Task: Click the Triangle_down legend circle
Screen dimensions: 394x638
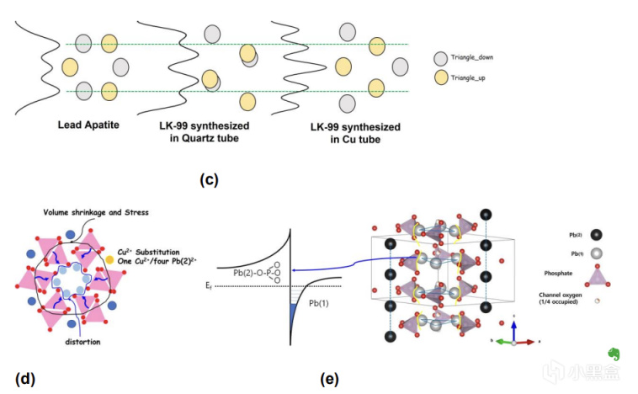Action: tap(441, 58)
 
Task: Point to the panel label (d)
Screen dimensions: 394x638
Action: tap(24, 378)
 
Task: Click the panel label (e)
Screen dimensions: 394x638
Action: tap(329, 378)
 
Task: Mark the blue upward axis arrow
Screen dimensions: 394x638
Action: tap(513, 328)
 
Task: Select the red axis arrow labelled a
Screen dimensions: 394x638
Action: tap(525, 342)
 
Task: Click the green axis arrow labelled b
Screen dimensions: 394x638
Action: tap(502, 342)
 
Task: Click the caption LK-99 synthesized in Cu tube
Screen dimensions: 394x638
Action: tap(354, 133)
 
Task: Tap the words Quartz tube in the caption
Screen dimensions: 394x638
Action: tap(214, 138)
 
